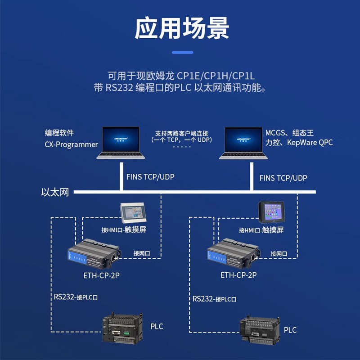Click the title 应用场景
pyautogui.click(x=182, y=28)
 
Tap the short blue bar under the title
pyautogui.click(x=182, y=53)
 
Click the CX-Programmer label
pyautogui.click(x=71, y=144)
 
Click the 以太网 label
pyautogui.click(x=55, y=193)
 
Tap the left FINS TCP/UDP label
pyautogui.click(x=150, y=177)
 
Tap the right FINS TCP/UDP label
pyautogui.click(x=283, y=178)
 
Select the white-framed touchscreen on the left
pyautogui.click(x=133, y=213)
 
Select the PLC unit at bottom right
pyautogui.click(x=259, y=328)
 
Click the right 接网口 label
pyautogui.click(x=279, y=254)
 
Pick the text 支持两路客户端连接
pyautogui.click(x=182, y=133)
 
